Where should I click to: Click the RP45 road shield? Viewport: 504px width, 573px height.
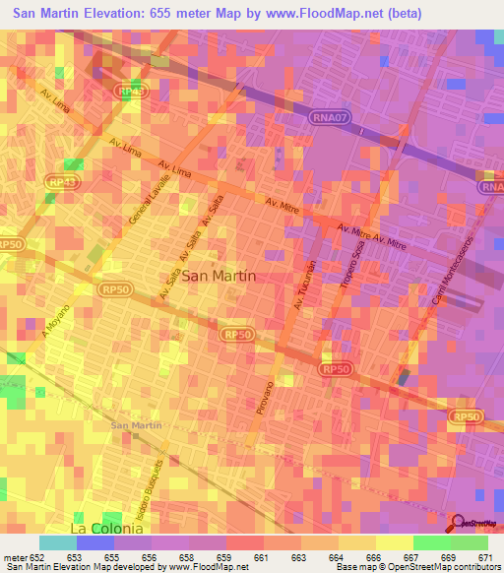click(129, 91)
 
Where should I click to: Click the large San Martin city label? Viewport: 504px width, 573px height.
click(220, 277)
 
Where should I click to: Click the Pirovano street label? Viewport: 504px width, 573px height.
click(266, 400)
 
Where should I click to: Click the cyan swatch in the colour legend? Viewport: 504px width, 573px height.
click(58, 542)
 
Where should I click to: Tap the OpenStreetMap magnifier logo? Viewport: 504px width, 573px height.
click(458, 522)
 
